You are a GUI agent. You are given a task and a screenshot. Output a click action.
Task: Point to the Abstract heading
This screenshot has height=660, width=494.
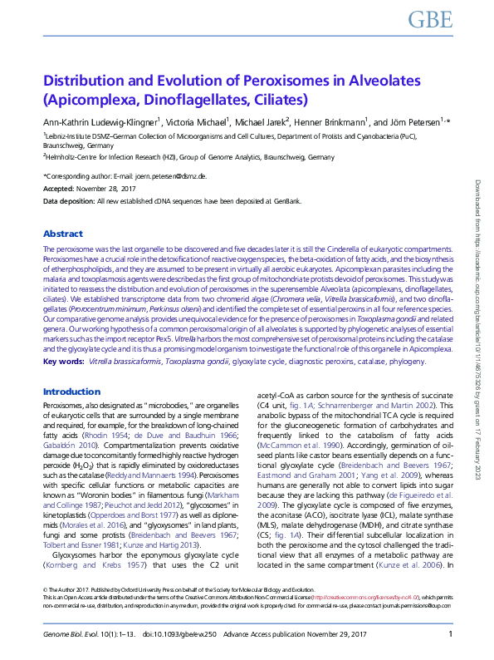(63, 234)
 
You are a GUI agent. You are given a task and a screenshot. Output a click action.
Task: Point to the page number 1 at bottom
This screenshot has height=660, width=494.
(449, 634)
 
